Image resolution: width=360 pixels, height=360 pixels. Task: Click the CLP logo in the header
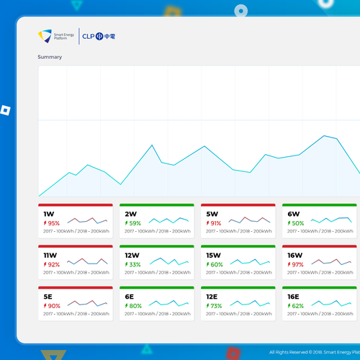coord(99,36)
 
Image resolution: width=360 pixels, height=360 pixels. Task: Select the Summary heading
coord(50,57)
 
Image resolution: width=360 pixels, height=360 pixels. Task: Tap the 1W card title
coord(49,214)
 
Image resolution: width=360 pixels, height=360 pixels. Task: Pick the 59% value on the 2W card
coord(135,223)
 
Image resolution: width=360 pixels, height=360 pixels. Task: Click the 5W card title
coord(212,214)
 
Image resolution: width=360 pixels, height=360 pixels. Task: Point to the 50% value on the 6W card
coord(297,223)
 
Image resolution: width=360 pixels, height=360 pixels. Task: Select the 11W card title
coord(50,255)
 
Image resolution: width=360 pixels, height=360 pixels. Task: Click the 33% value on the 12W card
coord(135,264)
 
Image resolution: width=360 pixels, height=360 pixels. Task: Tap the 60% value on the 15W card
coord(216,264)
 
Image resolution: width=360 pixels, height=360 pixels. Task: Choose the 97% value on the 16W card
coord(297,264)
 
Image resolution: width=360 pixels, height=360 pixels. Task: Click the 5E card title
coord(48,296)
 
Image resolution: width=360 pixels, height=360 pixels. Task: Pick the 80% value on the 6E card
coord(135,305)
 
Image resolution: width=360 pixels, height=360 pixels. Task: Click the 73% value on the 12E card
coord(216,305)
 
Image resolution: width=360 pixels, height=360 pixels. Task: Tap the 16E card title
coord(293,296)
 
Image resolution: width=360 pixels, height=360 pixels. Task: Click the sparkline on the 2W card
coord(169,219)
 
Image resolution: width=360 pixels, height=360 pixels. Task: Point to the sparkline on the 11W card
coord(88,260)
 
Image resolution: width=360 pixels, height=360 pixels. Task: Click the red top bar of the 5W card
coord(238,205)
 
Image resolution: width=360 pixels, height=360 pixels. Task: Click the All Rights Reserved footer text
coord(313,352)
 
